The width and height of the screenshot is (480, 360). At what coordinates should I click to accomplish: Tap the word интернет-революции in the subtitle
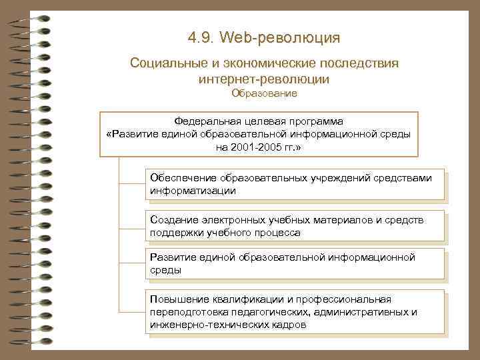pyautogui.click(x=264, y=79)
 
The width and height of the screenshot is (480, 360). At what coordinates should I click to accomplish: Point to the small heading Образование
pyautogui.click(x=264, y=94)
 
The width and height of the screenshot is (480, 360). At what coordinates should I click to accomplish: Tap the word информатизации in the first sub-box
pyautogui.click(x=193, y=190)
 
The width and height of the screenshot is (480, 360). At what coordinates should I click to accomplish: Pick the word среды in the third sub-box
pyautogui.click(x=165, y=271)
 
